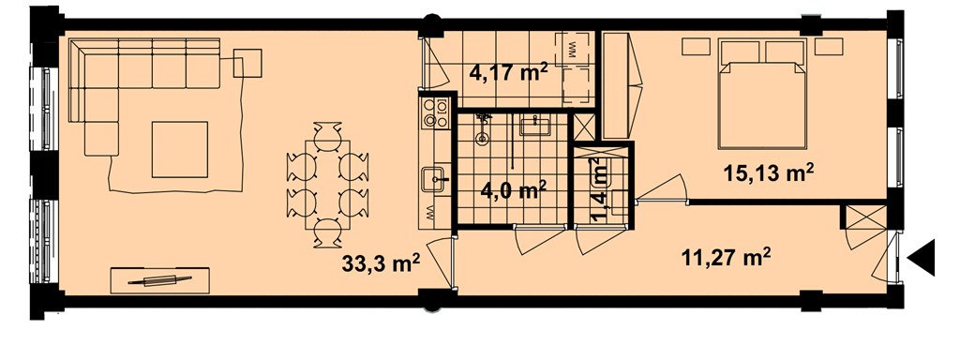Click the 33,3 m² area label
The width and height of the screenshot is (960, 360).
381,264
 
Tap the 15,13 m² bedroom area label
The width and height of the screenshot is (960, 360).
769,172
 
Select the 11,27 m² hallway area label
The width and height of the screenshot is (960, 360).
725,257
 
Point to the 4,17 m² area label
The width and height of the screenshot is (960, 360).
508,73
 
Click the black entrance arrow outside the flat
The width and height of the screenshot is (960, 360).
922,258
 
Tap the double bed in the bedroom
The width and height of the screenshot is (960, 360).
762,95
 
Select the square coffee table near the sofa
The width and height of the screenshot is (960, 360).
179,149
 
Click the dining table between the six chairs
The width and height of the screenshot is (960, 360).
327,185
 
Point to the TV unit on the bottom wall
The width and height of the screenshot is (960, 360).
159,280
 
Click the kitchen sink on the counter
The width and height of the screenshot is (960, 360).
435,179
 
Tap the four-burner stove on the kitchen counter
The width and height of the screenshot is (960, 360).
435,113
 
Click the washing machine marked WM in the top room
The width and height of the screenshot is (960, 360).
575,49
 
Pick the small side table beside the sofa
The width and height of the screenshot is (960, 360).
247,63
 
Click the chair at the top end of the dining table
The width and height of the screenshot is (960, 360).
327,130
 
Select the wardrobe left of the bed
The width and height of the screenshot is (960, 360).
616,85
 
